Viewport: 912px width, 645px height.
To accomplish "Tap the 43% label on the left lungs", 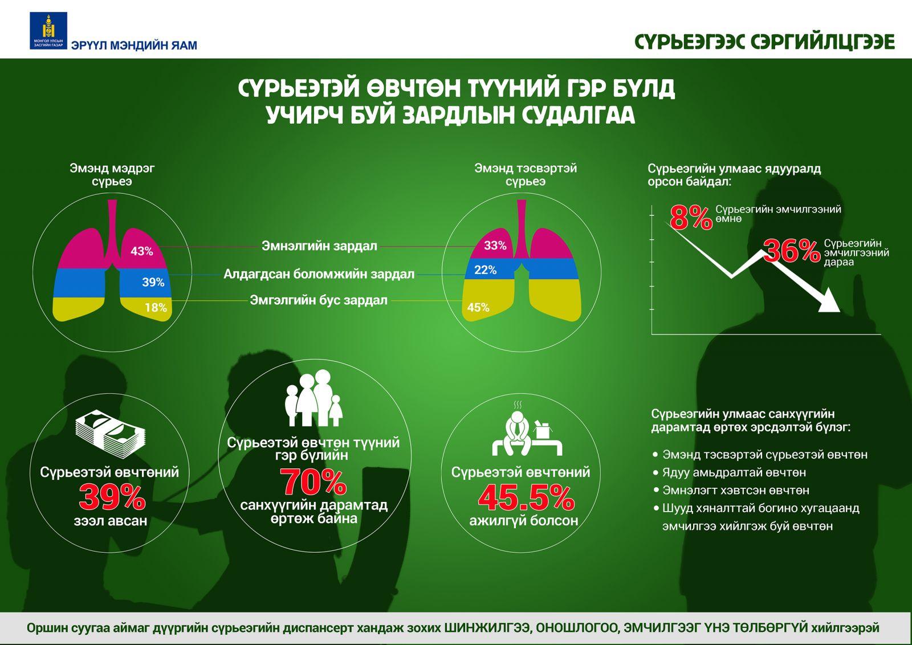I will (142, 251).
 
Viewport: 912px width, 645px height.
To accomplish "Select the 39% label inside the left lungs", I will (153, 282).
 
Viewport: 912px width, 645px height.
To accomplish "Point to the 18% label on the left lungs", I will (156, 308).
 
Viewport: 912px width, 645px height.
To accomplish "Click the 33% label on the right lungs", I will (495, 246).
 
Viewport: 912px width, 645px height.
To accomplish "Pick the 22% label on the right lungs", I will (485, 270).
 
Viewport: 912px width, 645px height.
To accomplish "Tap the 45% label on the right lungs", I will (478, 308).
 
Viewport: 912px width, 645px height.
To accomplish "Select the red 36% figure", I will (791, 251).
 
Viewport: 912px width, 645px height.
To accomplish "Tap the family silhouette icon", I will (313, 399).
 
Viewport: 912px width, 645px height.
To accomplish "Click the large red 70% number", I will (313, 482).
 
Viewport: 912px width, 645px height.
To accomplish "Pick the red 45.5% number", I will (526, 497).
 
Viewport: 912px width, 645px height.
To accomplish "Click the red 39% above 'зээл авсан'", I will (112, 497).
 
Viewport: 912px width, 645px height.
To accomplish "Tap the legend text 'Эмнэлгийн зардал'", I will (319, 246).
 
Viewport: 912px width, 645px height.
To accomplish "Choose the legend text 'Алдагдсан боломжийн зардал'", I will (319, 274).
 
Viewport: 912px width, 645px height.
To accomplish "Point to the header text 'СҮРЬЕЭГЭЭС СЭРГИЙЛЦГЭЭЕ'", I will (764, 42).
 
